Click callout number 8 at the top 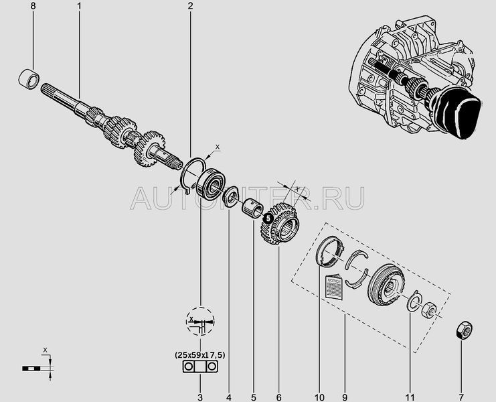coord(33,6)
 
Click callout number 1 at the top coord(79,6)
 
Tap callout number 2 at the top coord(190,6)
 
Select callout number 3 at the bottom coord(200,397)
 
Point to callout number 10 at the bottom coord(319,397)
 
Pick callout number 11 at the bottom coord(410,397)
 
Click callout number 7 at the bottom coord(461,397)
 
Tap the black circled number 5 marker coord(268,218)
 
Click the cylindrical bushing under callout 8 coord(29,79)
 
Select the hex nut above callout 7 coord(464,330)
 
